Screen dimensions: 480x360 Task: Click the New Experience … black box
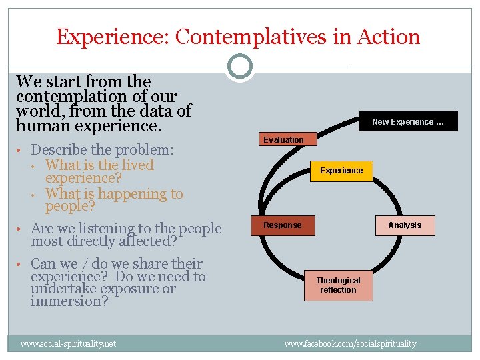point(407,121)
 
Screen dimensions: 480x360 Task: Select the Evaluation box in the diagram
point(283,139)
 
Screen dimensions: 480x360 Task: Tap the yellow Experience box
point(341,171)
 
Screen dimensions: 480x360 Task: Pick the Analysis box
point(405,225)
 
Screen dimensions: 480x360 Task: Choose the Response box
point(283,225)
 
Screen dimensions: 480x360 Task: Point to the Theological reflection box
point(338,285)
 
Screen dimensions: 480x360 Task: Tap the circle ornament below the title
point(239,67)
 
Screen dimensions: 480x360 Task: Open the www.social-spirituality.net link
point(68,343)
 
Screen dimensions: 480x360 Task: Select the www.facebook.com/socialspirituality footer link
point(350,343)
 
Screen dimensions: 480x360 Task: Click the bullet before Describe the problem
point(22,150)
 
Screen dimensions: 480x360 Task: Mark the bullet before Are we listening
point(22,229)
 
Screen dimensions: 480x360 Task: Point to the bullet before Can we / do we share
point(22,264)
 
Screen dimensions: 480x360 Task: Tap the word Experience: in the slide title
point(113,37)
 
